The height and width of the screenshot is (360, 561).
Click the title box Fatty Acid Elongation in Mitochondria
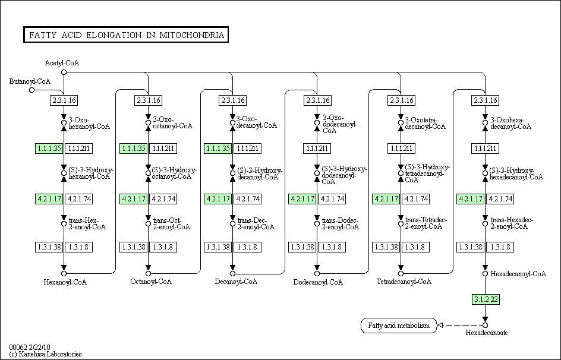[125, 35]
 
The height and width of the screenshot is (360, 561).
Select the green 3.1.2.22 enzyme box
[486, 299]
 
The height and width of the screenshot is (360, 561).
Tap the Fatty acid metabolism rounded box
[398, 326]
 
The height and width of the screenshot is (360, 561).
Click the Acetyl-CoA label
[62, 63]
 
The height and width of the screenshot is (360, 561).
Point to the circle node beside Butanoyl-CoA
[32, 90]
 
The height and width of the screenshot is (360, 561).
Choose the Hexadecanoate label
[487, 333]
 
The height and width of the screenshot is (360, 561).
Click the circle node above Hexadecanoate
[486, 325]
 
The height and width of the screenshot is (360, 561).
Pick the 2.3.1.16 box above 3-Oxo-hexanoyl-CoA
[64, 100]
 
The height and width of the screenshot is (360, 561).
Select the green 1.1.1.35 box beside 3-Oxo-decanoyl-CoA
[218, 148]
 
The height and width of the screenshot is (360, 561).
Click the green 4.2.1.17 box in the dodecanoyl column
[302, 198]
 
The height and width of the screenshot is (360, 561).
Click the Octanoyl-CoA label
[151, 282]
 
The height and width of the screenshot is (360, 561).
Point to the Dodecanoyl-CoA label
[318, 282]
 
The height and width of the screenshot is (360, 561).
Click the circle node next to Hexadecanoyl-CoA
[486, 274]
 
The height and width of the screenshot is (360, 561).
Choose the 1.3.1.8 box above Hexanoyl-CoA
[78, 247]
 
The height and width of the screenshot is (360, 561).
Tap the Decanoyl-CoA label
[236, 282]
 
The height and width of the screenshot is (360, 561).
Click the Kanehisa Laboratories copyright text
[45, 354]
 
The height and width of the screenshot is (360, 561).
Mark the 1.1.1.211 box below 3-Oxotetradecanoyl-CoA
[401, 148]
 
